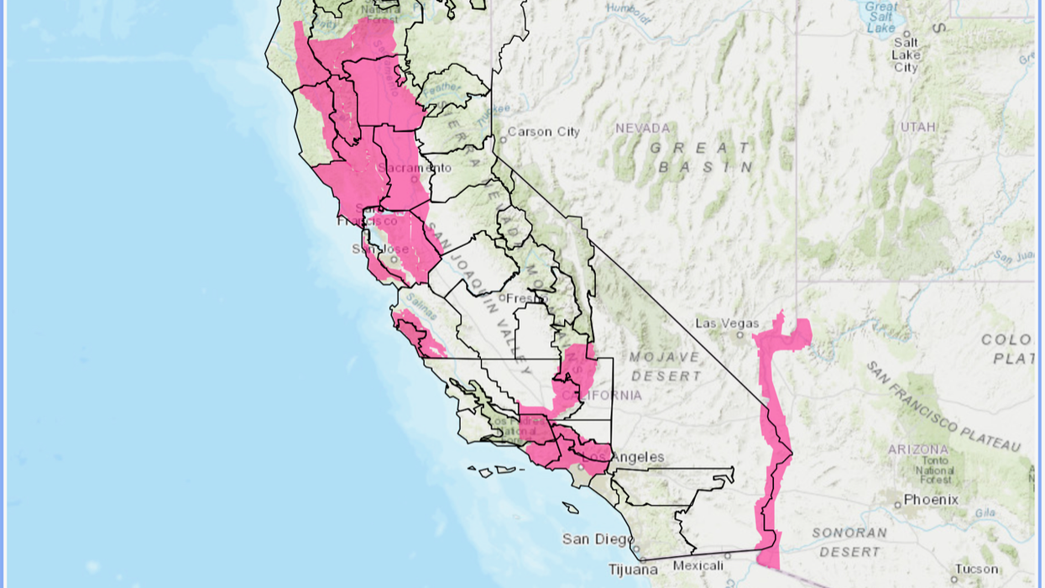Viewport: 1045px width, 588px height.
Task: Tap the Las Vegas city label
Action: [x=727, y=324]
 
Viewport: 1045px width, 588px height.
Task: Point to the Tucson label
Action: [x=976, y=570]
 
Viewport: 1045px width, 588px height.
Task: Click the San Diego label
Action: [x=597, y=539]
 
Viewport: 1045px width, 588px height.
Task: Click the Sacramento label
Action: [x=408, y=168]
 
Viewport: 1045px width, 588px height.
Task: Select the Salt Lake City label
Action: [x=907, y=55]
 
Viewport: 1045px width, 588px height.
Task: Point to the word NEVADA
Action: [x=643, y=129]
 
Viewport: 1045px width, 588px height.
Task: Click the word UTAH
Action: [x=917, y=127]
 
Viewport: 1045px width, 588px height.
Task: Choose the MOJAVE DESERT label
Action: [x=666, y=366]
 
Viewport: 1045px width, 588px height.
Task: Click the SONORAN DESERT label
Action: [x=849, y=542]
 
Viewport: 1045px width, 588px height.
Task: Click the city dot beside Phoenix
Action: [x=898, y=504]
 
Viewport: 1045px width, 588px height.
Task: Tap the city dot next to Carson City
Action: [x=502, y=139]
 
